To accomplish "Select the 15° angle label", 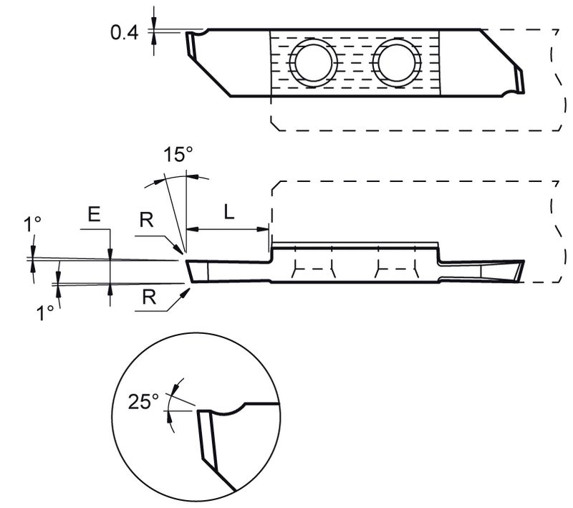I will click(x=178, y=155).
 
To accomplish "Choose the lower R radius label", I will click(x=150, y=297).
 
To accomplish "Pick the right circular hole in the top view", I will click(x=398, y=62).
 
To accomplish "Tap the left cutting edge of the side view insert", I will click(x=190, y=271).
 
